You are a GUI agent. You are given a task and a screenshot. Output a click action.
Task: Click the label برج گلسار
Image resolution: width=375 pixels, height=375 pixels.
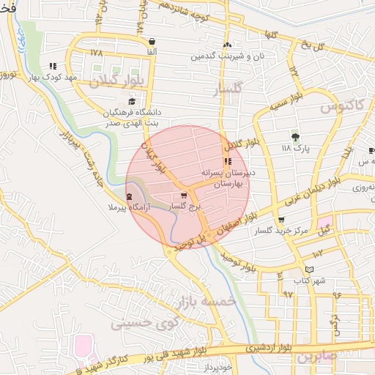(184, 207)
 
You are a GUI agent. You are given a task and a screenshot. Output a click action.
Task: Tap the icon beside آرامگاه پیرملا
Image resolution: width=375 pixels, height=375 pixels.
(130, 197)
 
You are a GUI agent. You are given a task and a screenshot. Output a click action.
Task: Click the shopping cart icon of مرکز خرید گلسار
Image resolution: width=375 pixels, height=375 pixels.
(281, 220)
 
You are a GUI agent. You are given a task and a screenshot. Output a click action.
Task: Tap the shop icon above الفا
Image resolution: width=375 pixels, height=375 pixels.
(152, 42)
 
